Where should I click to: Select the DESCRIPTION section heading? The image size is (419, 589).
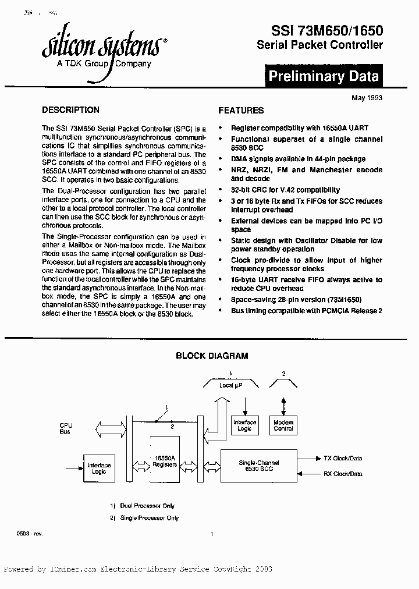tap(71, 110)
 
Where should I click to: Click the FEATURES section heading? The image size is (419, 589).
tap(241, 111)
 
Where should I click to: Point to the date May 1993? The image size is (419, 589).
tap(367, 98)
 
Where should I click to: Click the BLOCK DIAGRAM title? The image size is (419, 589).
tap(212, 356)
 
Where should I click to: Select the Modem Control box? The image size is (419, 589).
tap(283, 425)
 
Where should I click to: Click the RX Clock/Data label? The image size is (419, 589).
tap(343, 474)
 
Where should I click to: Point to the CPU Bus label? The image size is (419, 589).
tap(66, 428)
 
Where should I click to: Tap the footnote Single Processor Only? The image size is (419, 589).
tap(148, 518)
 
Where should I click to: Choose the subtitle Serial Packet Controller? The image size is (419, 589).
tap(319, 45)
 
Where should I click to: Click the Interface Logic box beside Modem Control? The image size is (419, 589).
tap(244, 425)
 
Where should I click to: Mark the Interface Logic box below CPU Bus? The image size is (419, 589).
tap(99, 469)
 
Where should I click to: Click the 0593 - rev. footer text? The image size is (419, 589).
tap(30, 534)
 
